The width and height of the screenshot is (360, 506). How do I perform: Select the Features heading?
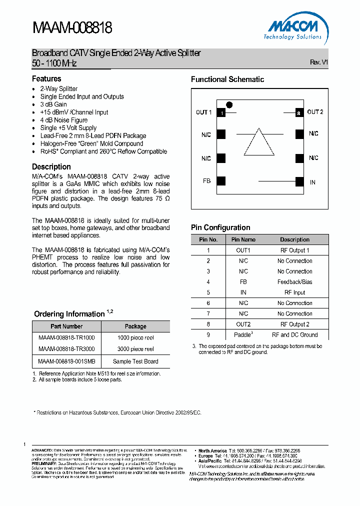(46, 79)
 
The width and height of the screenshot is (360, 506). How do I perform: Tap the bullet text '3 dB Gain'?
(53, 104)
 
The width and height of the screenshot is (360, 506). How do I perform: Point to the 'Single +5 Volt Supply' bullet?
(68, 128)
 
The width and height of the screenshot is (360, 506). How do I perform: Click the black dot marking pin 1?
(229, 104)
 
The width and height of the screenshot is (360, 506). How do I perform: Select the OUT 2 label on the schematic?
(315, 112)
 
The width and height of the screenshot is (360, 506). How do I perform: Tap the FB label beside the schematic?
(206, 181)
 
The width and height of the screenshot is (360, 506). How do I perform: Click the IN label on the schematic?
(312, 182)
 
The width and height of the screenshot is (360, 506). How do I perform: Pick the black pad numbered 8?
(299, 113)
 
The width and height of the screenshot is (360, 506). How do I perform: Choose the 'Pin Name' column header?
(243, 239)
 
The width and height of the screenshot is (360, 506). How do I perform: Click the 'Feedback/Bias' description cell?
(295, 282)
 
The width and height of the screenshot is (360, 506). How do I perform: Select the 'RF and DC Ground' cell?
(295, 335)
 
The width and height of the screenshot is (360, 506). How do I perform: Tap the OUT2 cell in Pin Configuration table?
(243, 324)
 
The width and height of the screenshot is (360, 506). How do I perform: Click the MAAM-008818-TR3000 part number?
(66, 349)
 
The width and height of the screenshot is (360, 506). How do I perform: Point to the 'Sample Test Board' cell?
(135, 361)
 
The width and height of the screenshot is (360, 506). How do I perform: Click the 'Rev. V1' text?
(318, 62)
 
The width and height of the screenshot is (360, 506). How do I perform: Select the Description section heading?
(51, 167)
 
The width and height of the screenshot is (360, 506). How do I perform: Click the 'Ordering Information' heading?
(69, 314)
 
